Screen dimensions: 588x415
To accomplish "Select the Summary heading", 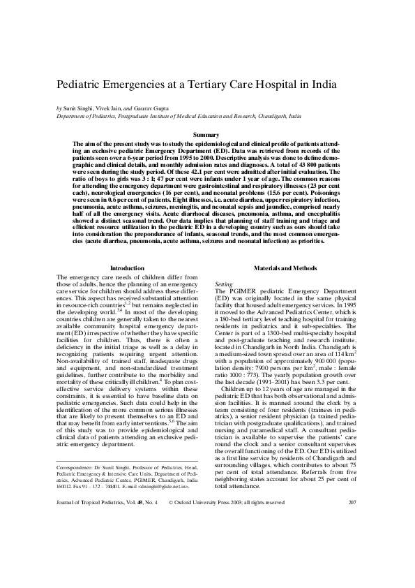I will pos(206,135).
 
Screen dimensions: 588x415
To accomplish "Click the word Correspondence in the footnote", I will pos(76,465).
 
